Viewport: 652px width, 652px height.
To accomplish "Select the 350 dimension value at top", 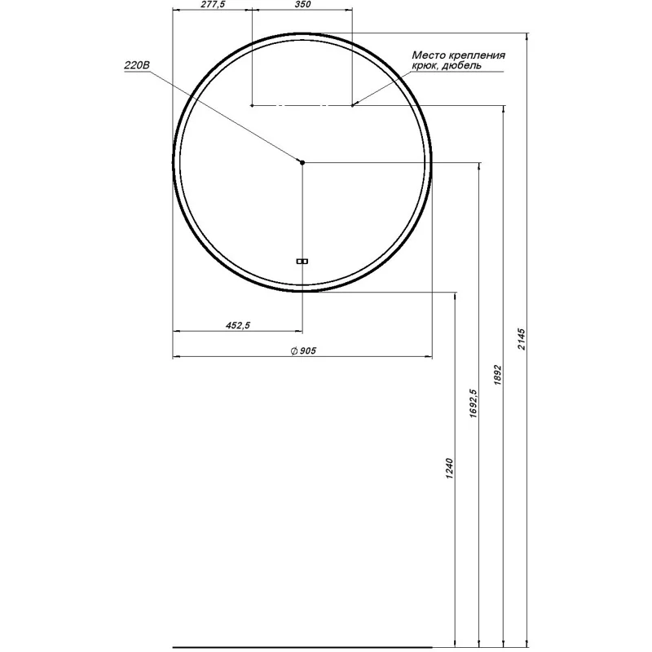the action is (302, 4).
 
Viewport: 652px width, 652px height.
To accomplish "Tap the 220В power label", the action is (137, 65).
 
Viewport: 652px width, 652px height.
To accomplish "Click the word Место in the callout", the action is (429, 55).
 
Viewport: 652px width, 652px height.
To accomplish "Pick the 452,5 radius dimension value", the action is (238, 325).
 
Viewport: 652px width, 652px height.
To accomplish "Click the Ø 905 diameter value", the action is (303, 351).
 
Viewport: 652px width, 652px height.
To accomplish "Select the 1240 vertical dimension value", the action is (449, 469).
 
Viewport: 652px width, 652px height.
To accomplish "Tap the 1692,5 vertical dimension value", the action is (474, 403).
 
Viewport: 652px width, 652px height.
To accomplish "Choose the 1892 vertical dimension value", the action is (498, 375).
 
